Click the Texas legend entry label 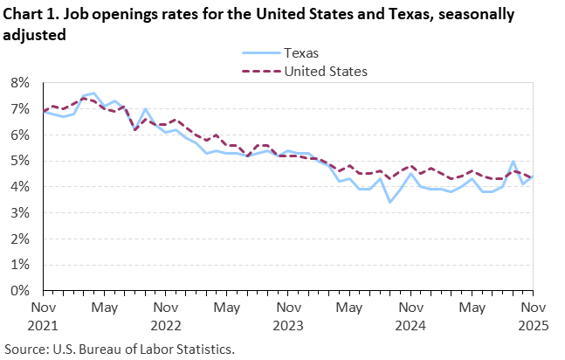tap(302, 52)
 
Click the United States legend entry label tap(324, 71)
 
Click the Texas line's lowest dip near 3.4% tap(389, 202)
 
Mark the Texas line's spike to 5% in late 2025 tap(513, 162)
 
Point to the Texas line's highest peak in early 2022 tap(94, 93)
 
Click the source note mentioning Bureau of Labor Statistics tap(119, 349)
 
